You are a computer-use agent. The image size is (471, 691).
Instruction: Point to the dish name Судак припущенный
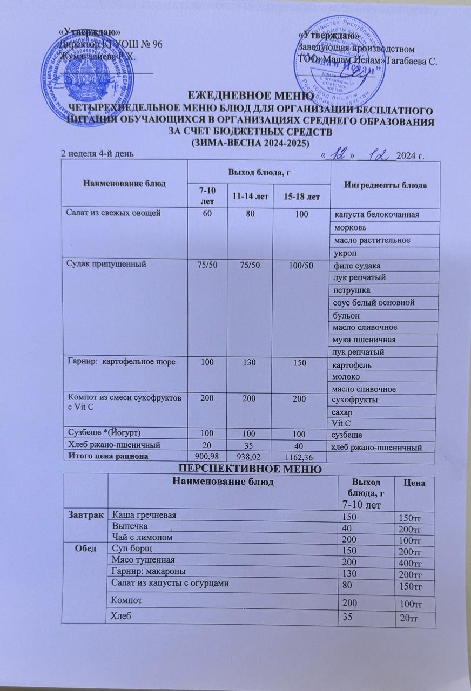point(102,265)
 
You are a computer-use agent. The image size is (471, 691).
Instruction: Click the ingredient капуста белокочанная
point(376,215)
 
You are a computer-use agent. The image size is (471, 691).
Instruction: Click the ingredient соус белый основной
point(374,303)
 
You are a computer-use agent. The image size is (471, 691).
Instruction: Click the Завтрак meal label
point(87,515)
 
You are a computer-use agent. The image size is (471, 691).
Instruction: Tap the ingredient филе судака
point(357,266)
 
